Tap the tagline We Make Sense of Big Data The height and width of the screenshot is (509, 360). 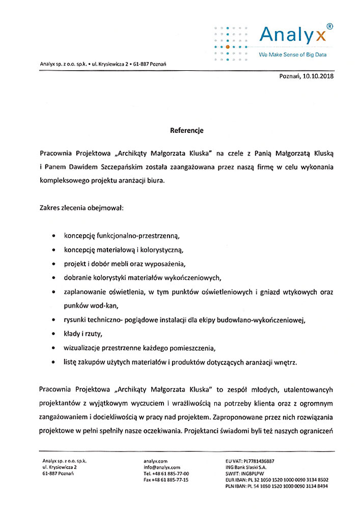(x=293, y=54)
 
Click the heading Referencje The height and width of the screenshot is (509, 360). (x=186, y=130)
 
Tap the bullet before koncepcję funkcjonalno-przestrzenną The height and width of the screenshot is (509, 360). (x=54, y=237)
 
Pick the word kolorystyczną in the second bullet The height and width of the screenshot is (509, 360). (x=157, y=250)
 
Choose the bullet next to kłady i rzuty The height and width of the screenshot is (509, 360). (x=54, y=334)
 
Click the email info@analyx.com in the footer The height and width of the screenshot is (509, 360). (x=162, y=467)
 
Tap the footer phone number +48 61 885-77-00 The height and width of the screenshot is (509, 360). (x=171, y=473)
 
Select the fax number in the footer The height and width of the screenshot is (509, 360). (x=166, y=480)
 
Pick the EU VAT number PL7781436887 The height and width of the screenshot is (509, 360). (x=264, y=461)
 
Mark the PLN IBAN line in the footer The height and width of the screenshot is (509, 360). (x=276, y=486)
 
